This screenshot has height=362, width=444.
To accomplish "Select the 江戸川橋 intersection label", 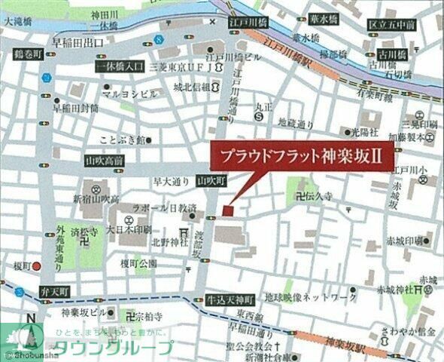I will click(249, 23).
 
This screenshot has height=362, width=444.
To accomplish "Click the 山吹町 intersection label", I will click(211, 181).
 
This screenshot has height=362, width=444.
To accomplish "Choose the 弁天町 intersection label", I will click(53, 290).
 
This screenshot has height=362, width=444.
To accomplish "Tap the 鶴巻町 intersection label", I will click(26, 54).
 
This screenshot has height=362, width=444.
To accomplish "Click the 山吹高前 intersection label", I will click(105, 161).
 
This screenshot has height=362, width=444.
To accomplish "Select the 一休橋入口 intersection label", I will click(119, 67).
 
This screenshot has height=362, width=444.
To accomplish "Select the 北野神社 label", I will click(168, 242).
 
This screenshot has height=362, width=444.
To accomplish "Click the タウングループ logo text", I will click(113, 348).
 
